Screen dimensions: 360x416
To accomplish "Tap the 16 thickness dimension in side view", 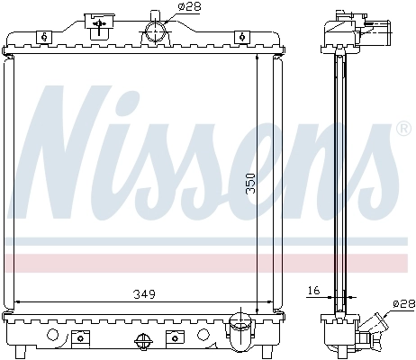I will click(x=313, y=292).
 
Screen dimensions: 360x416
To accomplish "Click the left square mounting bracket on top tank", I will click(x=43, y=36).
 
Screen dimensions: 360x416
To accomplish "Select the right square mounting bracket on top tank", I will click(x=241, y=36).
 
